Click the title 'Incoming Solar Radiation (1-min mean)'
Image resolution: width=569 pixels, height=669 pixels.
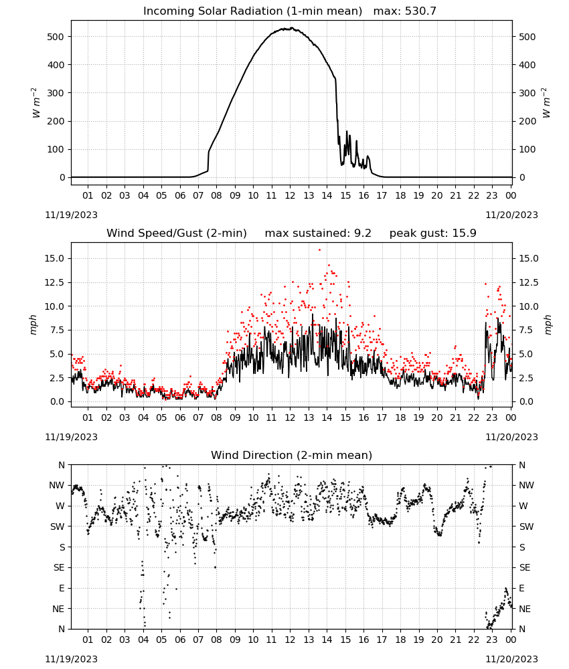252,11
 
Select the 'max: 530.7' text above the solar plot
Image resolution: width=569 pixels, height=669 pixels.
405,11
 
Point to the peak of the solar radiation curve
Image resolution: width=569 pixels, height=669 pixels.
292,27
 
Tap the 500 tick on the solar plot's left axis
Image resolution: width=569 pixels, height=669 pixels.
56,37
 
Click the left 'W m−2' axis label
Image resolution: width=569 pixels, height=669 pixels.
35,103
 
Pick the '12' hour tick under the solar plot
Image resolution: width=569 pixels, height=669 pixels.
290,195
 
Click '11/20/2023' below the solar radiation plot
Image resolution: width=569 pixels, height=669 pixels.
511,215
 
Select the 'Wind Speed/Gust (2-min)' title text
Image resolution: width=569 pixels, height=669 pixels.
176,233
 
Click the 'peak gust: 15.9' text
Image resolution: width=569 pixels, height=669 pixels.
432,233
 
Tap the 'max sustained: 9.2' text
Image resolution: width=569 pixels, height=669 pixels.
318,233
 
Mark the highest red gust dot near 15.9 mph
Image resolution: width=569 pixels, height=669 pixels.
319,250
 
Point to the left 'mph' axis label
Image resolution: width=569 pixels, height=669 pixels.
33,324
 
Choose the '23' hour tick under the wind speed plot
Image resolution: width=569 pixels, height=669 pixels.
492,417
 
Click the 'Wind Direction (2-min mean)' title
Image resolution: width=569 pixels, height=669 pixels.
292,455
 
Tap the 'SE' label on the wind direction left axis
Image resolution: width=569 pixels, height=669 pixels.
59,567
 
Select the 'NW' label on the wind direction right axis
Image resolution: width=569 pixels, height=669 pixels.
526,486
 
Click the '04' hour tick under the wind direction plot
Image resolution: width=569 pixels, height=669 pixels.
143,640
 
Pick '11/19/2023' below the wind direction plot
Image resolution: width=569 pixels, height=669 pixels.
71,659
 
